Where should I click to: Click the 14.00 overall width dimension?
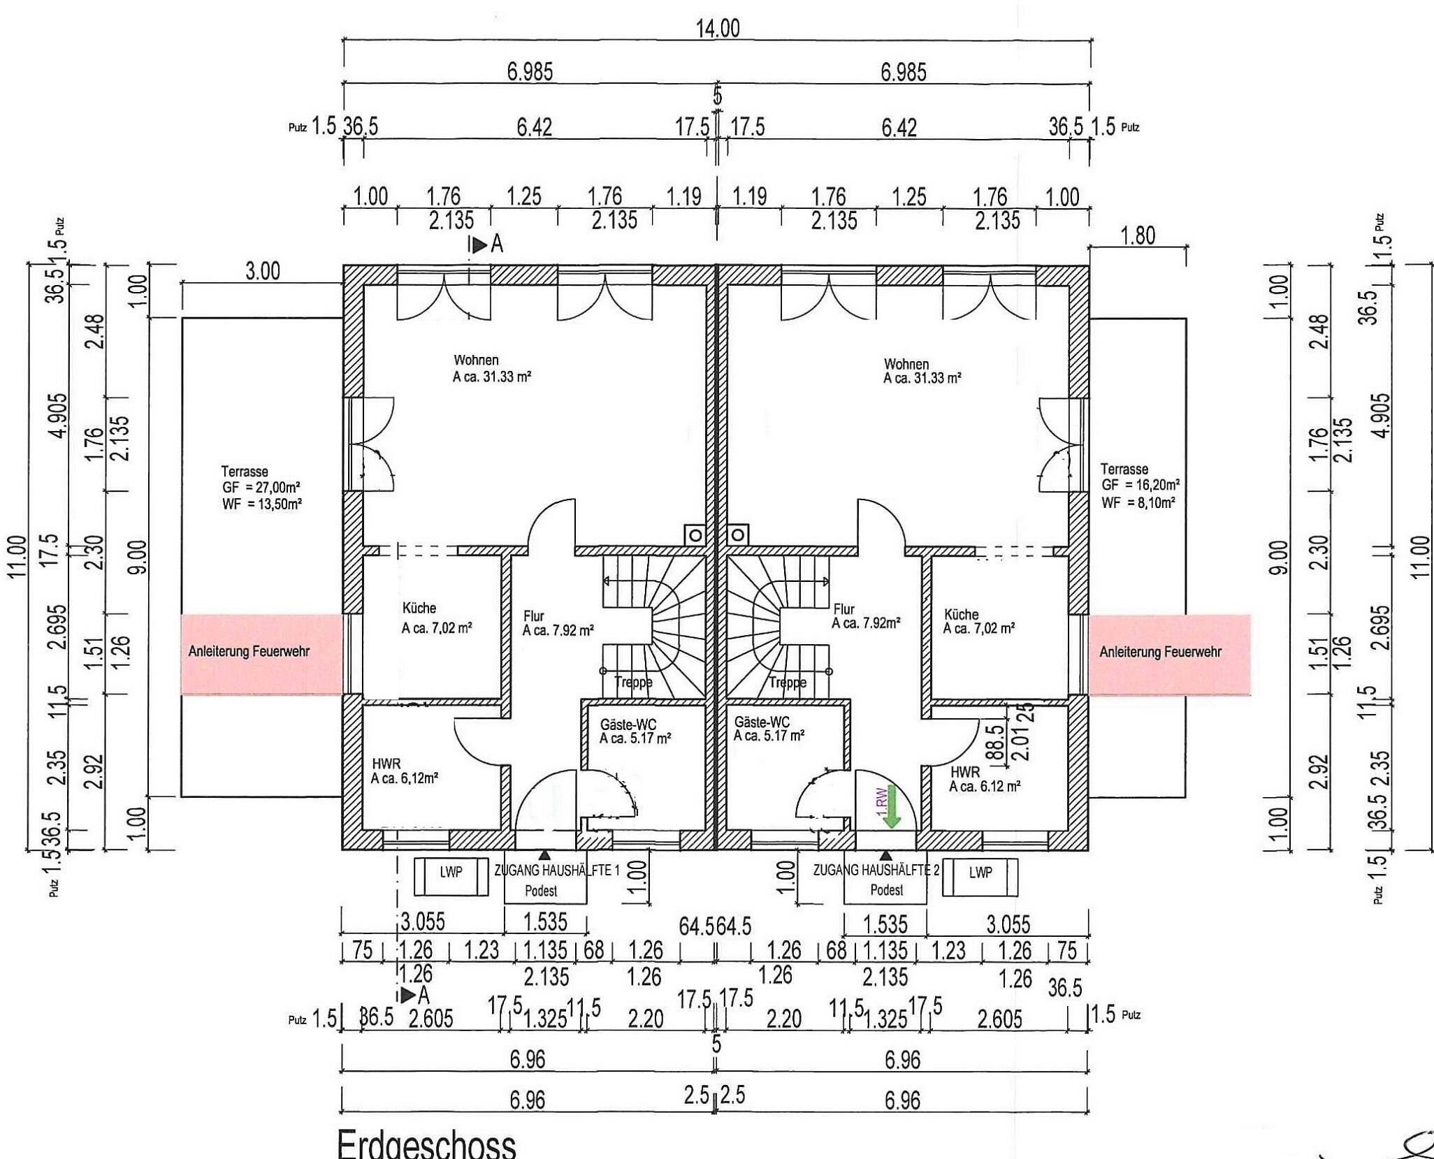click(717, 29)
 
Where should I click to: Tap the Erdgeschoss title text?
click(426, 1144)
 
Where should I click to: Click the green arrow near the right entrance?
click(892, 815)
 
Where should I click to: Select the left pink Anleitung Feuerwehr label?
click(249, 651)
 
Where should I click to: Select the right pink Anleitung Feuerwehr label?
click(1160, 652)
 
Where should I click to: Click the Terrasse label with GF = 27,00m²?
click(261, 487)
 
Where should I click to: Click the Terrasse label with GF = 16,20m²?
click(1140, 485)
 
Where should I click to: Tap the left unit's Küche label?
click(419, 608)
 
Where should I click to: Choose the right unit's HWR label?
click(965, 772)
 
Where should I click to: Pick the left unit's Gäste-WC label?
click(628, 723)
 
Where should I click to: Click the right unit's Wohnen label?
click(906, 364)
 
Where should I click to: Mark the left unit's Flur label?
click(533, 615)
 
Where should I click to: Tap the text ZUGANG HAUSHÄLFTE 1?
click(557, 870)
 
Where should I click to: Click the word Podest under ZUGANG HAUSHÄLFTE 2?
click(886, 890)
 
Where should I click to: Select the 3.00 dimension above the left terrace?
click(262, 271)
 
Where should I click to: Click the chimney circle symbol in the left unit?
click(695, 535)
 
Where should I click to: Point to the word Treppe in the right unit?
click(788, 683)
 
